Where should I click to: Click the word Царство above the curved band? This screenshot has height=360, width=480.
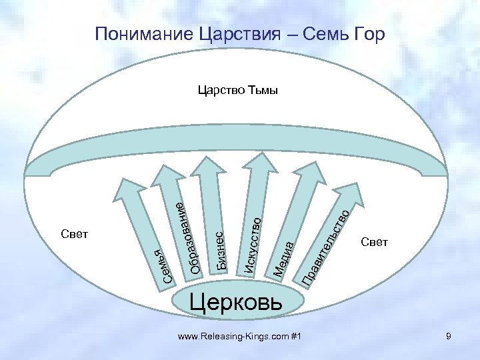(x=222, y=91)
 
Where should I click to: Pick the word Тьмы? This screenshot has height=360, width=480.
(x=263, y=91)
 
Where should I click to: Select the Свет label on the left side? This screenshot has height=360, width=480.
(x=74, y=235)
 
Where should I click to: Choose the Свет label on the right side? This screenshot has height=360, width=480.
(x=374, y=241)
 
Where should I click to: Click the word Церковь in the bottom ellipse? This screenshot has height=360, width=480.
(x=237, y=302)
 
